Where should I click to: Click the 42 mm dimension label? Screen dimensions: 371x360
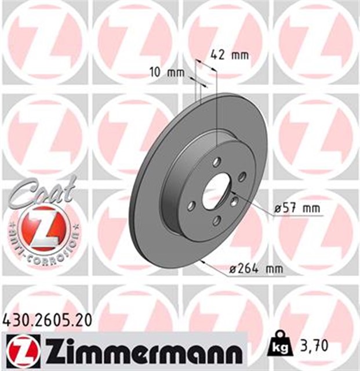[x=228, y=56]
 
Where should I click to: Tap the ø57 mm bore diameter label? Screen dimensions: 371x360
[x=298, y=207]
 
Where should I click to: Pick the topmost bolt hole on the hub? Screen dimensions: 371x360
[x=216, y=162]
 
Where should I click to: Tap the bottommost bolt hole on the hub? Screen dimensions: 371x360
[x=216, y=220]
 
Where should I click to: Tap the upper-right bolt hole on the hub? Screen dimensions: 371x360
[x=242, y=176]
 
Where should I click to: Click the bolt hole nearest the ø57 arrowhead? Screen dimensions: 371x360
[x=234, y=201]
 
